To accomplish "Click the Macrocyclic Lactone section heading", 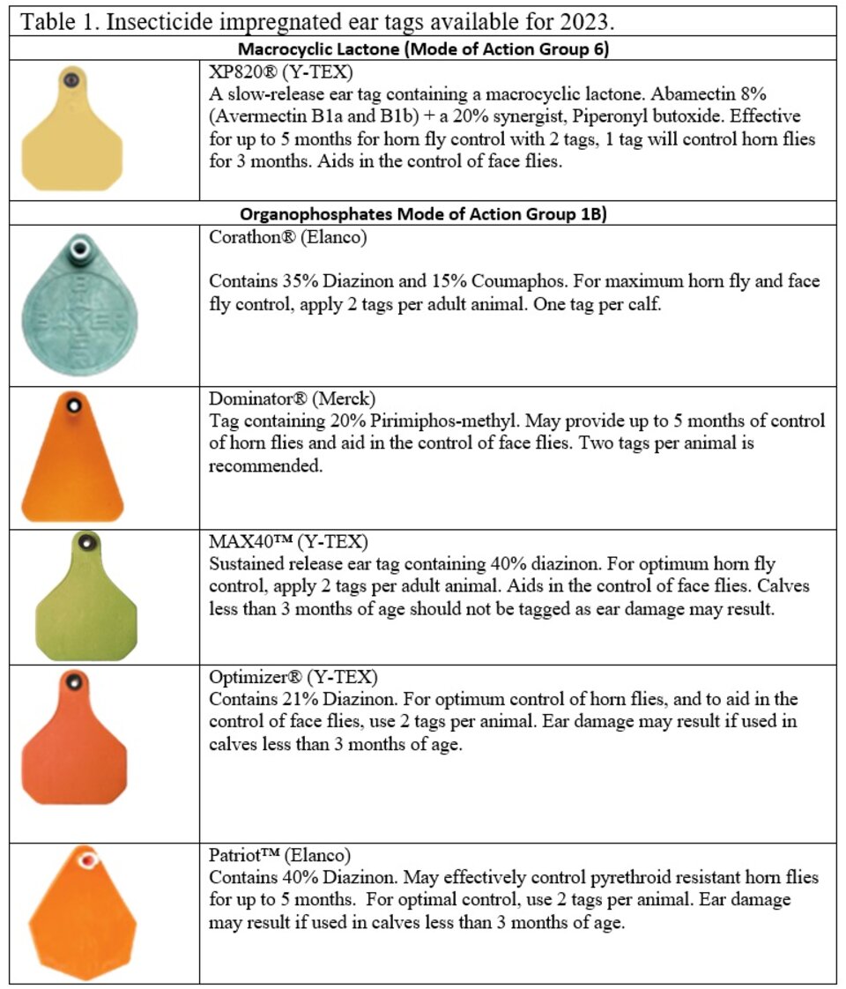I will click(423, 49).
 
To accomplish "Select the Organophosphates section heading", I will click(423, 214).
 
